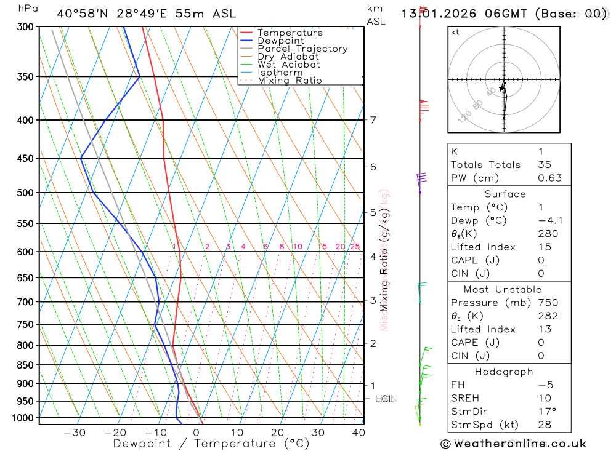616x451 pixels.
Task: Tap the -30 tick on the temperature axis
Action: point(75,433)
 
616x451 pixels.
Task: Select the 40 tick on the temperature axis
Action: point(357,433)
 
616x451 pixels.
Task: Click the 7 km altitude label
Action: point(373,120)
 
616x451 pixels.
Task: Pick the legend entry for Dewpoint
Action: point(280,41)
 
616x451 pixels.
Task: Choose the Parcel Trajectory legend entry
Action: point(302,49)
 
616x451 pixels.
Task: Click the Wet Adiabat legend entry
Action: point(289,65)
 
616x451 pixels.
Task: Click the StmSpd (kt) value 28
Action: point(544,425)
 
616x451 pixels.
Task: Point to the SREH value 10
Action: point(544,398)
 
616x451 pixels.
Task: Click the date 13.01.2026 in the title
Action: point(434,14)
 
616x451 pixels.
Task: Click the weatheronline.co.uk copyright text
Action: point(513,444)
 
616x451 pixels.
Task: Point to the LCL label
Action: point(385,399)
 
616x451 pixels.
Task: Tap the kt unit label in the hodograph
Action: point(455,32)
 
